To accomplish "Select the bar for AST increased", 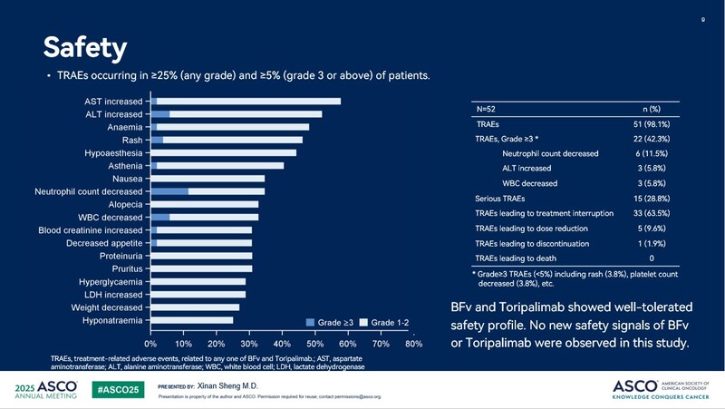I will click(x=246, y=101).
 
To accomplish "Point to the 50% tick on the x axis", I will click(x=314, y=345).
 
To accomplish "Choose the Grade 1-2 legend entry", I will click(x=389, y=322).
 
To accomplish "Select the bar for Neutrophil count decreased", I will click(x=208, y=192).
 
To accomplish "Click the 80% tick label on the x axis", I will click(x=413, y=345).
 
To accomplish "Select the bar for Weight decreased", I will click(x=195, y=307).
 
